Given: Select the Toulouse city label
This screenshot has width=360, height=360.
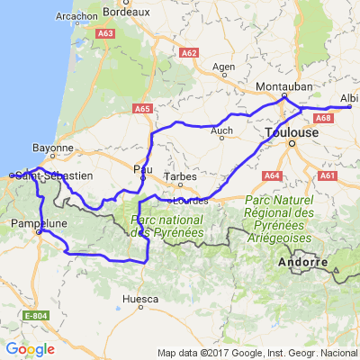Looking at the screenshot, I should click(x=291, y=131).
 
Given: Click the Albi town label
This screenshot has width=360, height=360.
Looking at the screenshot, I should click(x=349, y=99).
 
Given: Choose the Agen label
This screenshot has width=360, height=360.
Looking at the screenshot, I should click(x=222, y=67).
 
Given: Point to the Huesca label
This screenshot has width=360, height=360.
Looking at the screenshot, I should click(x=141, y=298).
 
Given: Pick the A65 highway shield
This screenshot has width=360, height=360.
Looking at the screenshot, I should click(x=143, y=109).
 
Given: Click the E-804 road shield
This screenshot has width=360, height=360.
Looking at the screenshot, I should click(x=35, y=316).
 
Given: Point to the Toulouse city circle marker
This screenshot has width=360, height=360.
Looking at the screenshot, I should click(x=291, y=142).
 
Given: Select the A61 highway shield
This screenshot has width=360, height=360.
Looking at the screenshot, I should click(x=327, y=176).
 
